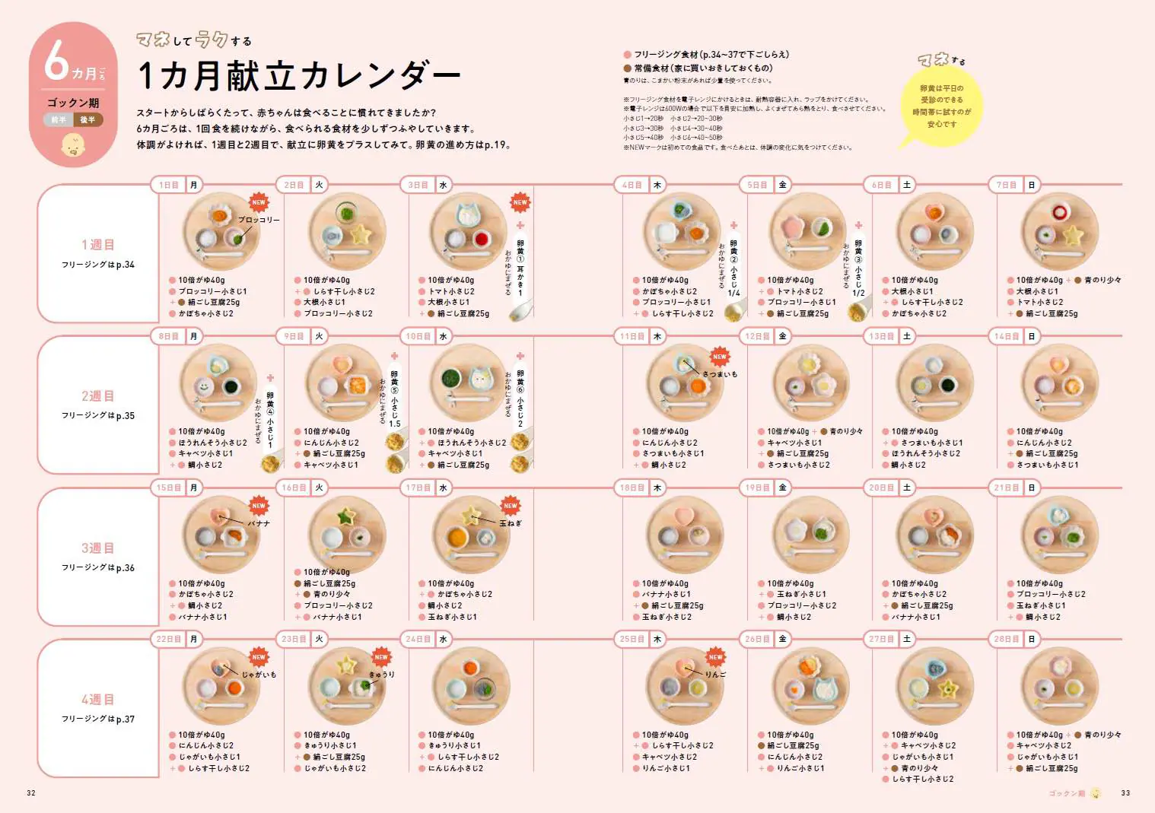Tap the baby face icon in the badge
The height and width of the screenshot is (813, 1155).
pos(73,145)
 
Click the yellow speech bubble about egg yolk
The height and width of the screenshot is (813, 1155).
pos(941,106)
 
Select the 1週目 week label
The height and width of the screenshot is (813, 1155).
pos(97,245)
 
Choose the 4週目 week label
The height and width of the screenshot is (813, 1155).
pos(97,700)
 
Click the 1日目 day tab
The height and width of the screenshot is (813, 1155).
pos(169,185)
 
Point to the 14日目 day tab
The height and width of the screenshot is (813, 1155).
pos(1007,336)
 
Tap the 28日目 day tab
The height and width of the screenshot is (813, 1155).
pos(1007,640)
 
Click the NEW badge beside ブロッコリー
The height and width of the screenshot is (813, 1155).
pos(259,202)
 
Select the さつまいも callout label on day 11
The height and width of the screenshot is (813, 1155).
pos(720,374)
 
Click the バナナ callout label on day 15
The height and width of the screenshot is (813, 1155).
pos(259,523)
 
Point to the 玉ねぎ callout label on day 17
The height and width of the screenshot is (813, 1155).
pos(511,523)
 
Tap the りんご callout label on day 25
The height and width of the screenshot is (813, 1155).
pos(715,675)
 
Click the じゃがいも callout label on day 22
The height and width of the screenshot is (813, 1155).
pos(259,675)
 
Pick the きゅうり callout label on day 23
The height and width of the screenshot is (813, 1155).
pos(382,675)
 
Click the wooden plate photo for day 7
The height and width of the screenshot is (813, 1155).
pos(1059,231)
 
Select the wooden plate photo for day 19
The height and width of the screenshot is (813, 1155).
pos(810,534)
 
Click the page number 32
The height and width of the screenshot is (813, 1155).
pos(31,793)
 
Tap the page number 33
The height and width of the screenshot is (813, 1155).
pos(1125,793)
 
